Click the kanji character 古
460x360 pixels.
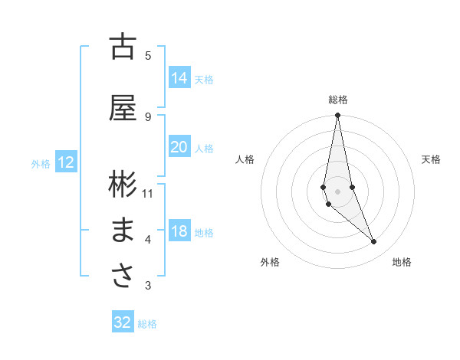[123, 47]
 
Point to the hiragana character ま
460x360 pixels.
[123, 231]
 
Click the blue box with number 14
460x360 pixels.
[179, 78]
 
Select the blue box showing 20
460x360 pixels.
[179, 148]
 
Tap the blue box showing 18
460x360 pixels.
[179, 232]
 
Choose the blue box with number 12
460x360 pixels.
[65, 162]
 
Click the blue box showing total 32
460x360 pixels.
[123, 322]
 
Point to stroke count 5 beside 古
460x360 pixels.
[148, 55]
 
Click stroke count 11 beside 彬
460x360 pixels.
[148, 193]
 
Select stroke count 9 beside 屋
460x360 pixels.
[148, 116]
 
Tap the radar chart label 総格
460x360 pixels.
[338, 100]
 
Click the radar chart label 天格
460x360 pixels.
[431, 159]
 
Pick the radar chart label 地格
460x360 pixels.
[402, 262]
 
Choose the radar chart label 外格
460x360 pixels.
[270, 262]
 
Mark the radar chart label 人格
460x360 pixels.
[245, 159]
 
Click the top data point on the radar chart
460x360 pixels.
[337, 116]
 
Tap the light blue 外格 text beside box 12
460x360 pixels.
[41, 163]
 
